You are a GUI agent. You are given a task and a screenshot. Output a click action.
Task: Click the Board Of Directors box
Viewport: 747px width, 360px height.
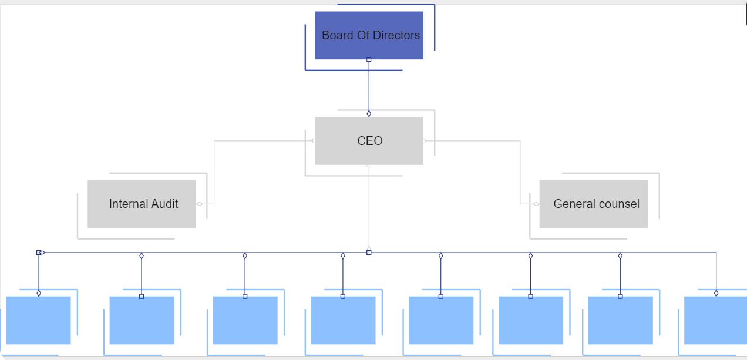click(x=369, y=35)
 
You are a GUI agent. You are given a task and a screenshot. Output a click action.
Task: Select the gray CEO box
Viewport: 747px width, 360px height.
click(x=369, y=141)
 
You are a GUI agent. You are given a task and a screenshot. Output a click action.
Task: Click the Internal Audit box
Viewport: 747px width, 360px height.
click(x=141, y=204)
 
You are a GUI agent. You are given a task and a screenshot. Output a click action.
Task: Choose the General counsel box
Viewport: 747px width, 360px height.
click(x=594, y=204)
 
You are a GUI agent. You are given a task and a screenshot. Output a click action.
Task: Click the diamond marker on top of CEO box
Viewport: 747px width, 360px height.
click(x=369, y=114)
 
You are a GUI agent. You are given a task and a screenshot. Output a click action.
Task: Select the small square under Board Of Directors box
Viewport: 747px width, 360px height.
click(x=369, y=59)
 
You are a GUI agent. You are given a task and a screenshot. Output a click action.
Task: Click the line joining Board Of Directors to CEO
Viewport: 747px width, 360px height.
click(x=369, y=86)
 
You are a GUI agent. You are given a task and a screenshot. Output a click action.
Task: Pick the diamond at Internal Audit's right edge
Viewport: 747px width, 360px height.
click(x=200, y=204)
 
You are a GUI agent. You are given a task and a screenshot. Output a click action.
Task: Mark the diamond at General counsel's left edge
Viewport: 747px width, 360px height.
click(x=536, y=204)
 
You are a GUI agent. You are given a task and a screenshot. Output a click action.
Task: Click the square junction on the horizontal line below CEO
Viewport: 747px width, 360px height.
click(x=369, y=253)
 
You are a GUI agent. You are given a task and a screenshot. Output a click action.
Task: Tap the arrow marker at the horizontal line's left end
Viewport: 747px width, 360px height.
click(x=41, y=253)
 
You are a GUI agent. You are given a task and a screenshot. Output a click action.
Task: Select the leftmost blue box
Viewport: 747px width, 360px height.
click(x=38, y=320)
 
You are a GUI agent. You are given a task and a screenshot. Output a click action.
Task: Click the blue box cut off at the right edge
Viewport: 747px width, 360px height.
click(x=715, y=320)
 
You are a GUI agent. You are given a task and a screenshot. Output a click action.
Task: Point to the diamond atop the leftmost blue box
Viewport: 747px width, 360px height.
click(x=39, y=293)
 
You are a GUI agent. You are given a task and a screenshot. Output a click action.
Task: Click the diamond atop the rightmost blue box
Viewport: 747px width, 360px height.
click(x=716, y=293)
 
